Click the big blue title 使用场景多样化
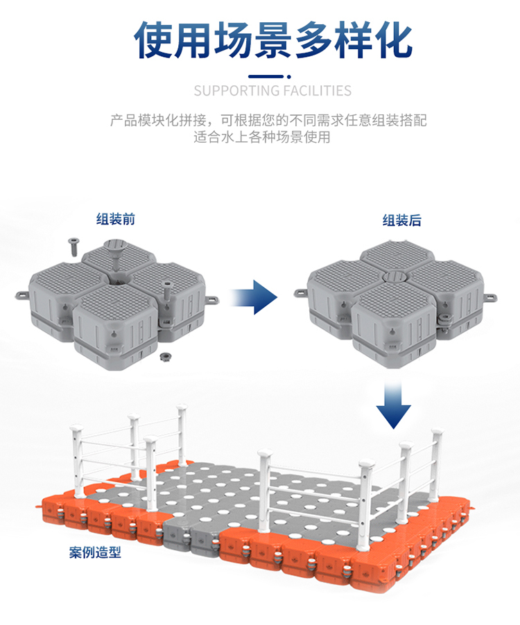point(273,39)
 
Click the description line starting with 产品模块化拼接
point(268,120)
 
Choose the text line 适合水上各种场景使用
point(262,137)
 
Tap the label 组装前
point(116,220)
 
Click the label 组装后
point(402,221)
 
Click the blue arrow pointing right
point(254,297)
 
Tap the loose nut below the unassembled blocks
point(166,356)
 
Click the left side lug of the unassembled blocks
point(21,296)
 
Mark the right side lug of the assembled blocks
point(493,297)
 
